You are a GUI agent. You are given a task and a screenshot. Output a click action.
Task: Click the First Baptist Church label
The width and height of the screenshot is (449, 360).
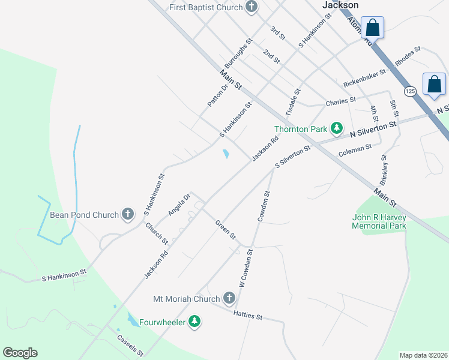[205, 7]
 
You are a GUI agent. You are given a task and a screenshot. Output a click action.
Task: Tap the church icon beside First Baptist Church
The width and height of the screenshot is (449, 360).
[252, 7]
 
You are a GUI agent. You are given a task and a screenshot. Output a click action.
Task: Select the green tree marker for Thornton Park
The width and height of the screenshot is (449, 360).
[337, 128]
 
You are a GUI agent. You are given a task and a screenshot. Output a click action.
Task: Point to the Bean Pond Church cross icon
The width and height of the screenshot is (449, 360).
[127, 214]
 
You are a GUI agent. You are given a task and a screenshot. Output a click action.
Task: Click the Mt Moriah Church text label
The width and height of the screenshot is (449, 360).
[187, 298]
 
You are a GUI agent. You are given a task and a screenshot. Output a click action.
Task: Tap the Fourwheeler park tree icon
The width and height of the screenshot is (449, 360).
[194, 322]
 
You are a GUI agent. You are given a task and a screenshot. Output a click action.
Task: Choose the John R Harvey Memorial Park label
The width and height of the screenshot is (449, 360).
[379, 221]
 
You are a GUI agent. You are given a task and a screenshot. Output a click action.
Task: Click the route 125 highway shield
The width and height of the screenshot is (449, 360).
[410, 91]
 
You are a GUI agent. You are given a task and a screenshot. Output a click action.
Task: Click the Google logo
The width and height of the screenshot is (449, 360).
[20, 353]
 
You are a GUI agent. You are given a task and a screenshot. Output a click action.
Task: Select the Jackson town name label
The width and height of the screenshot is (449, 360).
[340, 5]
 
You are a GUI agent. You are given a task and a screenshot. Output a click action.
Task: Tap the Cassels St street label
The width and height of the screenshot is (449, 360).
[130, 345]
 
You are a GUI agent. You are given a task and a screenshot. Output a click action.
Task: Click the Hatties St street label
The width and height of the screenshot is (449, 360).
[249, 315]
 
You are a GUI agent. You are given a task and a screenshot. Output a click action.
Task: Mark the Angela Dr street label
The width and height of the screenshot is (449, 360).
[179, 205]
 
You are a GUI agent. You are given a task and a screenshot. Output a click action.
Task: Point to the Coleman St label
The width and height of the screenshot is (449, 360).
[355, 150]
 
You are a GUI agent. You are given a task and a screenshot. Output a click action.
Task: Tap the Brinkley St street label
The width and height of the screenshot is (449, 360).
[384, 170]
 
